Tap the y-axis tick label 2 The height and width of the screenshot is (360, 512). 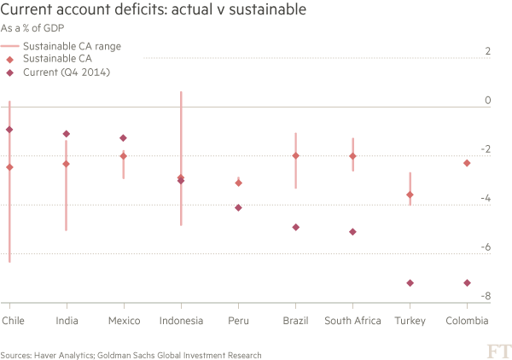point(487,52)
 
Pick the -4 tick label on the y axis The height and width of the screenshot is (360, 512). point(486,199)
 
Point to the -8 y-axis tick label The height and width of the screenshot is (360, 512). point(486,297)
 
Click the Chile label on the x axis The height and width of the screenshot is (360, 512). point(14,321)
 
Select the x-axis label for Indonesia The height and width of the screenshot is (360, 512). point(181,321)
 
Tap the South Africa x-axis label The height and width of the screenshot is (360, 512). point(352,321)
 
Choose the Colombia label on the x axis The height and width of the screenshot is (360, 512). point(467,321)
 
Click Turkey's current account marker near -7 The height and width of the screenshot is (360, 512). point(410,283)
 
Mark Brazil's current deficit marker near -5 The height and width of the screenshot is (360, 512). point(295,227)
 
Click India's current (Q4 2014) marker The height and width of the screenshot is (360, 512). point(67,134)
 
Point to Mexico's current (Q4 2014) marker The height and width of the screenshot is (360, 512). point(124,138)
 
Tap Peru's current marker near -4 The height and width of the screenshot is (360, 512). point(238,207)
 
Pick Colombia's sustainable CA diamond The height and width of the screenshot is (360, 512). point(467,163)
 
